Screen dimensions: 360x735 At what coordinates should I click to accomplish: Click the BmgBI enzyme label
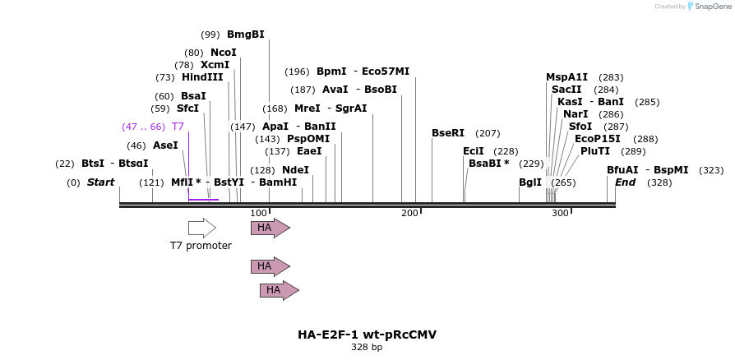245,35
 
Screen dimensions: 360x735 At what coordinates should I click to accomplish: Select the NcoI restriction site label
223,53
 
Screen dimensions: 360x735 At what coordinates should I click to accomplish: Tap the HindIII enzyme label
202,77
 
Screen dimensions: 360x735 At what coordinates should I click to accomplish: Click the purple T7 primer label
178,127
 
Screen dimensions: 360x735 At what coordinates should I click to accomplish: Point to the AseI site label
165,145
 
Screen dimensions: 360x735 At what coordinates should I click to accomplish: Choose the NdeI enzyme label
295,170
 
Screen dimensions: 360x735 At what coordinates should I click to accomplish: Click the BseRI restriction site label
448,133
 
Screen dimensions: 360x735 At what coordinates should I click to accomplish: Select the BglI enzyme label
530,182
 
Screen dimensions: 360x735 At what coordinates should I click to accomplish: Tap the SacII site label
566,90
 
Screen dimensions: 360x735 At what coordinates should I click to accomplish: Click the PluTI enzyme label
595,151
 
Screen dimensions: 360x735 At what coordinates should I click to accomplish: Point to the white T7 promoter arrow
202,228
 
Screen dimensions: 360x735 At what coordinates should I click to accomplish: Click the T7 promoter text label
201,246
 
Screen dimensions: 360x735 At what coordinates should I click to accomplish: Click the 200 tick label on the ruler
409,214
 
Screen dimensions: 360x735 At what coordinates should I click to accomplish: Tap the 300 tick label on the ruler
560,214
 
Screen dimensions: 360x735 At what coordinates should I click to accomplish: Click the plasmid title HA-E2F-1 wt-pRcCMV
367,335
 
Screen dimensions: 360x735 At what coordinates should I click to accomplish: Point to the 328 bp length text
367,348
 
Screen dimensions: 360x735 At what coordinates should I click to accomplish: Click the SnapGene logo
709,7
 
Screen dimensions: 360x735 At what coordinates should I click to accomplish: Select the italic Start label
100,182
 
